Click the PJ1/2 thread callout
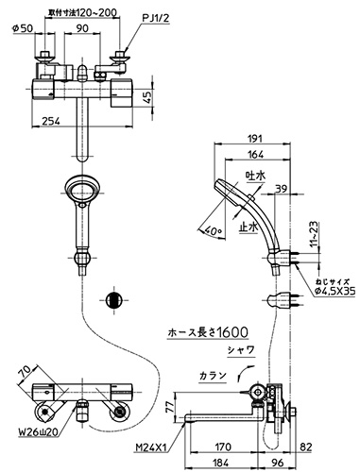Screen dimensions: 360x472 (x=156, y=19)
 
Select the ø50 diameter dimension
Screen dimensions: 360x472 (x=23, y=28)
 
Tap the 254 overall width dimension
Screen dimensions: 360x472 (x=50, y=121)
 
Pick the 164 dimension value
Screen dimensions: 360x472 (x=256, y=155)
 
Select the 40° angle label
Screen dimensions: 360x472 (x=214, y=232)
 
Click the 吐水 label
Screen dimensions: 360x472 (x=255, y=176)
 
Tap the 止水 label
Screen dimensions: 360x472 (x=249, y=227)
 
